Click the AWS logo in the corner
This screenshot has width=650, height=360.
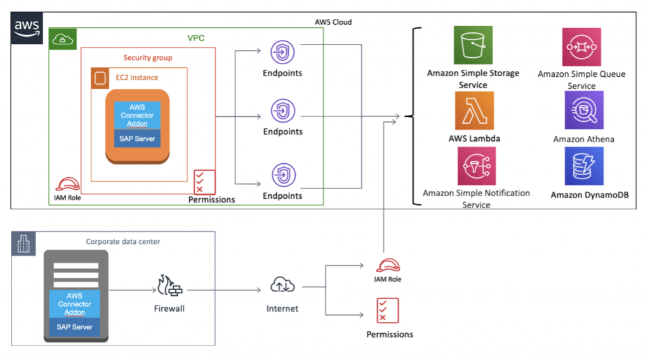coord(27,28)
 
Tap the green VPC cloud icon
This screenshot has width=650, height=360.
coord(63,39)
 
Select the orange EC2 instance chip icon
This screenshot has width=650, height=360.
coord(100,78)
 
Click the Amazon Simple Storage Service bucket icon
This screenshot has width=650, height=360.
coord(473,45)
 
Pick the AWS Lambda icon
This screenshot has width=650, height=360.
coord(474,110)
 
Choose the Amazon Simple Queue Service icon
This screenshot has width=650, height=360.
coord(581,47)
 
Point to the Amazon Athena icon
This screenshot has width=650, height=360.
coord(584,110)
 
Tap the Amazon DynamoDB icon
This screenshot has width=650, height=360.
coord(584,166)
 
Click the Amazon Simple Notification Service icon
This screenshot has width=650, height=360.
coord(476,166)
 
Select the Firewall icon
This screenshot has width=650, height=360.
coord(169,286)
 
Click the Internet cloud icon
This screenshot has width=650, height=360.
coord(282,285)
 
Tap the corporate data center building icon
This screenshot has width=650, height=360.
coord(23,243)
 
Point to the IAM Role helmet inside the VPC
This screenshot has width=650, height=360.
coord(67,184)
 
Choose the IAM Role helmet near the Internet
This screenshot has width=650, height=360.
coord(388,265)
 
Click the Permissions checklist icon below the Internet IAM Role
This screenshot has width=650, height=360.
coord(388,310)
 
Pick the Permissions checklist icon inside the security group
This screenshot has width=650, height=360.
coord(204,182)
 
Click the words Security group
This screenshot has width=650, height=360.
coord(147,58)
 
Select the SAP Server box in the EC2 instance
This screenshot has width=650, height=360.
coord(137,138)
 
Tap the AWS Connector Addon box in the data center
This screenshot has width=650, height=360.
coord(75,304)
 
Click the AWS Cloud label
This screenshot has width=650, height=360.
coord(333,22)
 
